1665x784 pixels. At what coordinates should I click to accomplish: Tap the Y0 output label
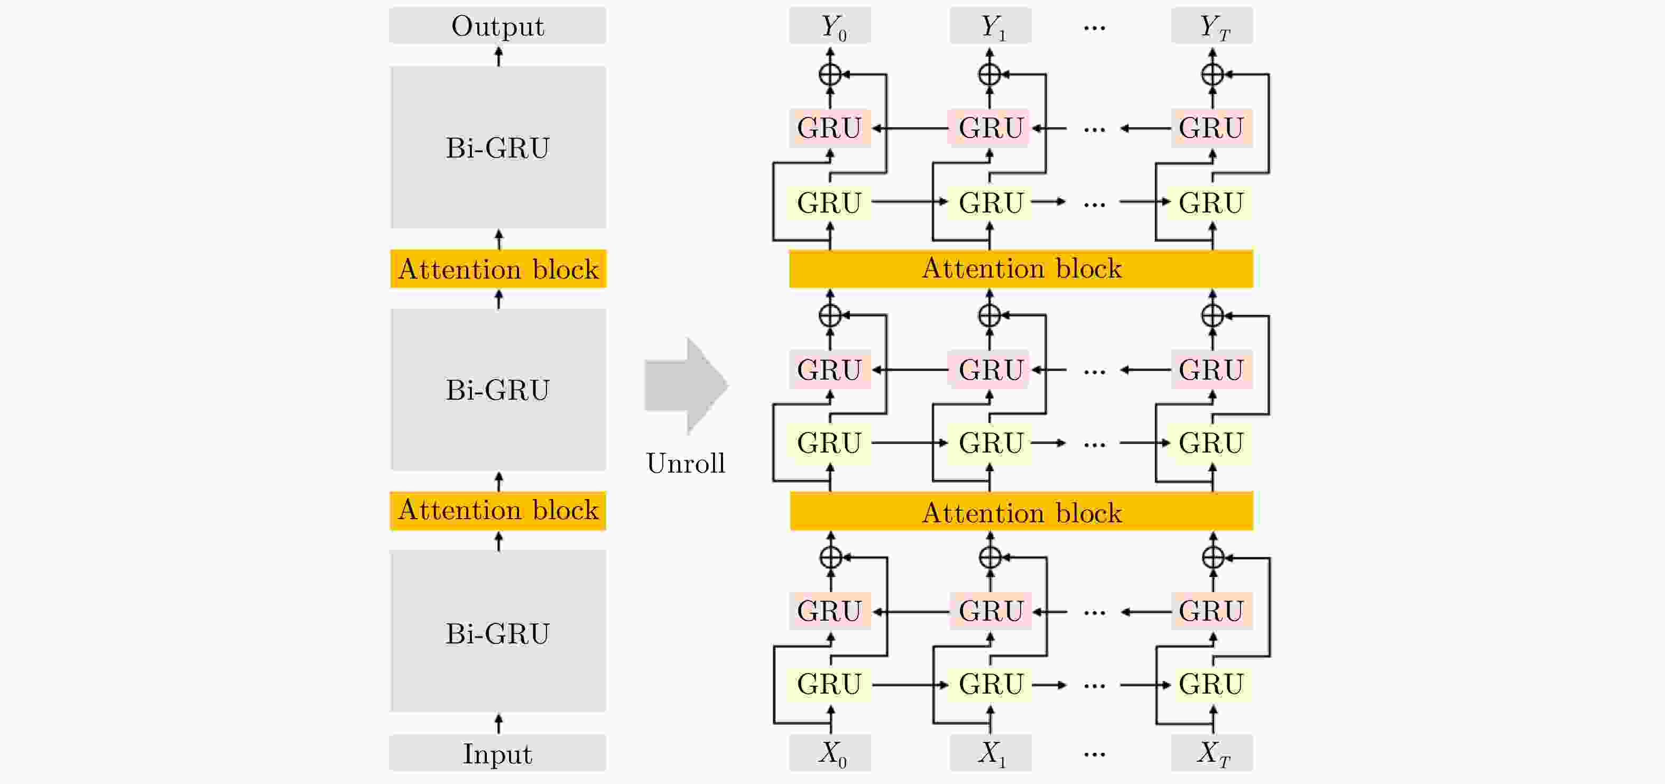(x=830, y=26)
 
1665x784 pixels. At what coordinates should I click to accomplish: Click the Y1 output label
(x=990, y=26)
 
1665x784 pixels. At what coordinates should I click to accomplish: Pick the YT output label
(x=1212, y=26)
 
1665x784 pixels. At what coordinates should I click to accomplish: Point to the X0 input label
(x=830, y=753)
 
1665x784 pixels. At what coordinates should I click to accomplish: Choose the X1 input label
(x=990, y=753)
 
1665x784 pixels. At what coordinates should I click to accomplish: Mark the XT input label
(x=1212, y=753)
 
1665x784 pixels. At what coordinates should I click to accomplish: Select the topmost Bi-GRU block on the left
(x=498, y=147)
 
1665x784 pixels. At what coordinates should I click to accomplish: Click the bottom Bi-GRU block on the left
(x=498, y=632)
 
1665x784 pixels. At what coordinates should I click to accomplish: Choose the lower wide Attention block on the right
(x=1021, y=512)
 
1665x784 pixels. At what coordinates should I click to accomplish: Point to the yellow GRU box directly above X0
(x=830, y=684)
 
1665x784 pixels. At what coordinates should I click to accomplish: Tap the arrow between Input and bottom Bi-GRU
(x=498, y=723)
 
